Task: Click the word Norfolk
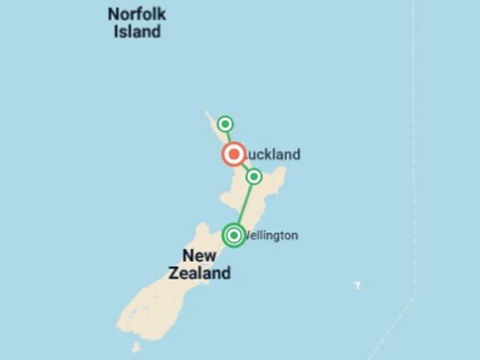pos(137,14)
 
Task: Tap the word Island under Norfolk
pos(137,31)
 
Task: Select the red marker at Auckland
pos(234,154)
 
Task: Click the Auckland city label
pos(272,154)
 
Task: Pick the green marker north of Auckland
pos(225,124)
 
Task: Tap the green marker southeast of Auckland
pos(254,177)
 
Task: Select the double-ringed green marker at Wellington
pos(234,235)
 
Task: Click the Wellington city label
pos(271,236)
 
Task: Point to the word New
pos(199,256)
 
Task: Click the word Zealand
pos(199,273)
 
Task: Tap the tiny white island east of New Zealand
pos(357,285)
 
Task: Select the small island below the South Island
pos(135,346)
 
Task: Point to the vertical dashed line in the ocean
pos(413,156)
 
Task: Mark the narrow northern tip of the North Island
pos(207,114)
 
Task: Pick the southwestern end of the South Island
pos(122,325)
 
